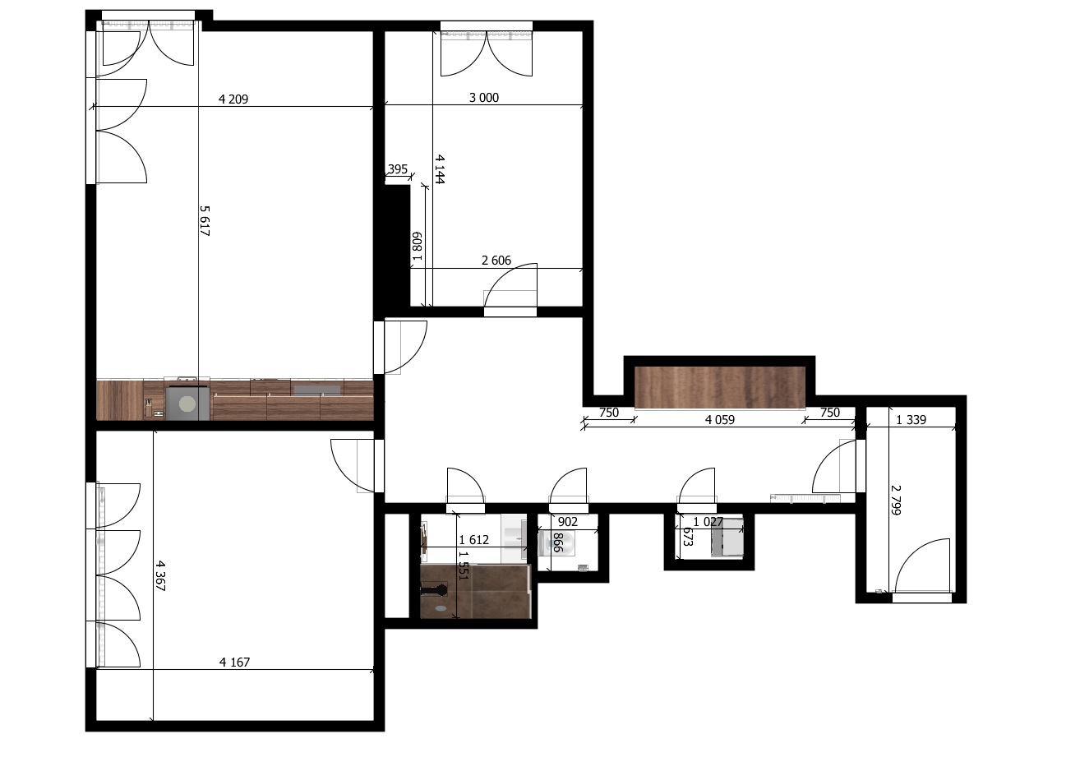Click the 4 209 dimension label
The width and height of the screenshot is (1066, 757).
(233, 99)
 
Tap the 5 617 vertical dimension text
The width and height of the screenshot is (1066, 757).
(205, 221)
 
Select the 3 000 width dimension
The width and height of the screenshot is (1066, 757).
(484, 98)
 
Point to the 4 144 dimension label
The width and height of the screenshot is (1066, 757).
(440, 169)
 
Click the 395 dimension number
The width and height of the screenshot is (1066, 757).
(398, 169)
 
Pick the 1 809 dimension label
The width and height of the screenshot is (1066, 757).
(417, 246)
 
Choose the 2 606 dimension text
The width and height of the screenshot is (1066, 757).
(496, 261)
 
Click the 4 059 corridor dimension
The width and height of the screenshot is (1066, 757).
(719, 420)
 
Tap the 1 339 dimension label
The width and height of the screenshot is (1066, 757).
(911, 420)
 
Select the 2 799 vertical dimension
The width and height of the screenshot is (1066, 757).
(896, 500)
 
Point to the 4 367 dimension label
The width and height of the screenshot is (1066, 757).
(160, 575)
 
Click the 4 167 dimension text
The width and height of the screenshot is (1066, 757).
(234, 662)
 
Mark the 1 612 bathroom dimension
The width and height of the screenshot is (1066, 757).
(474, 539)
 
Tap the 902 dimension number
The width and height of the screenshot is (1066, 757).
(568, 522)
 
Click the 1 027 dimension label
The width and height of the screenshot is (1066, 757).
(708, 522)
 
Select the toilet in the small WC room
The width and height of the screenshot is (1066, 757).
(556, 543)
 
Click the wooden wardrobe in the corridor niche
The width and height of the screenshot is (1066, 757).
(720, 387)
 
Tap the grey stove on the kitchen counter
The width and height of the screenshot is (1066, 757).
(187, 403)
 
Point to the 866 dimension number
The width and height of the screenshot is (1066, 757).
(558, 542)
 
